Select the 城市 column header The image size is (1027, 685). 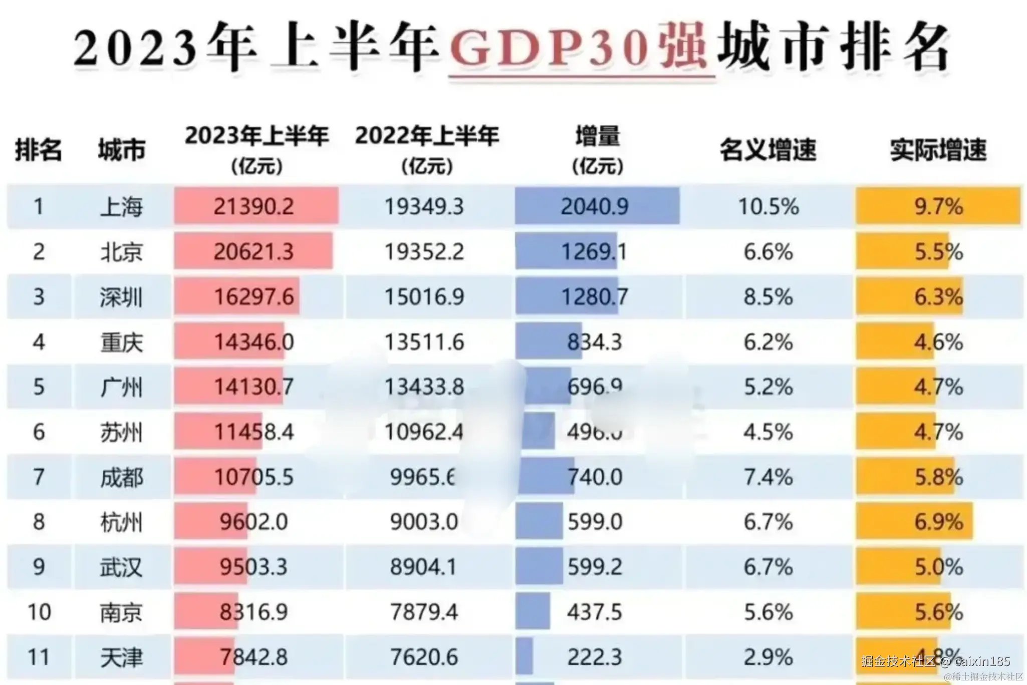(121, 150)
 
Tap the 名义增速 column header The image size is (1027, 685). (768, 150)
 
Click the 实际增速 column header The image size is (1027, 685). (938, 150)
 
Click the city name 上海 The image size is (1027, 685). (121, 207)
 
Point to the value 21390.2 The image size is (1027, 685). (253, 207)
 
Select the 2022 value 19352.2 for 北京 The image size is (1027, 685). (424, 252)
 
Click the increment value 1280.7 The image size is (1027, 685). (595, 297)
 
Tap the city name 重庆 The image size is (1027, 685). (121, 342)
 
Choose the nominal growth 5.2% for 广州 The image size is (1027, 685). (768, 387)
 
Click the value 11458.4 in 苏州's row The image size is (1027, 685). (253, 432)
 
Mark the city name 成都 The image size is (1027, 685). (121, 477)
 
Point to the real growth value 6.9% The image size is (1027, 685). (938, 522)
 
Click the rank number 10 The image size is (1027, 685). (39, 612)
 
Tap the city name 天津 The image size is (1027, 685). (121, 657)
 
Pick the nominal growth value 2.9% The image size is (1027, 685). (768, 657)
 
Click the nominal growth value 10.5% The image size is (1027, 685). (768, 207)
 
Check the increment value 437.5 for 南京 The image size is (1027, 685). (595, 612)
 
